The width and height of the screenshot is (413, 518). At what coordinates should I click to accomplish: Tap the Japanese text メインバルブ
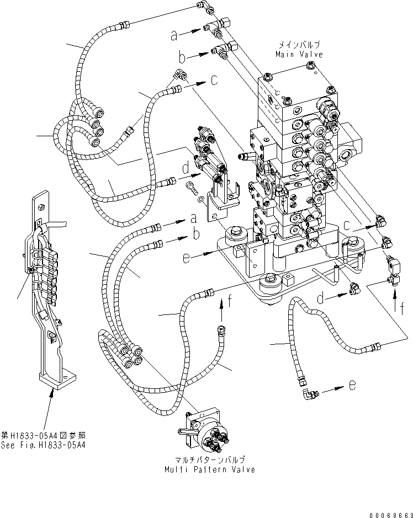click(299, 45)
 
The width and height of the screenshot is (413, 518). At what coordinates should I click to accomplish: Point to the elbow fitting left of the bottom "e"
click(308, 394)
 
